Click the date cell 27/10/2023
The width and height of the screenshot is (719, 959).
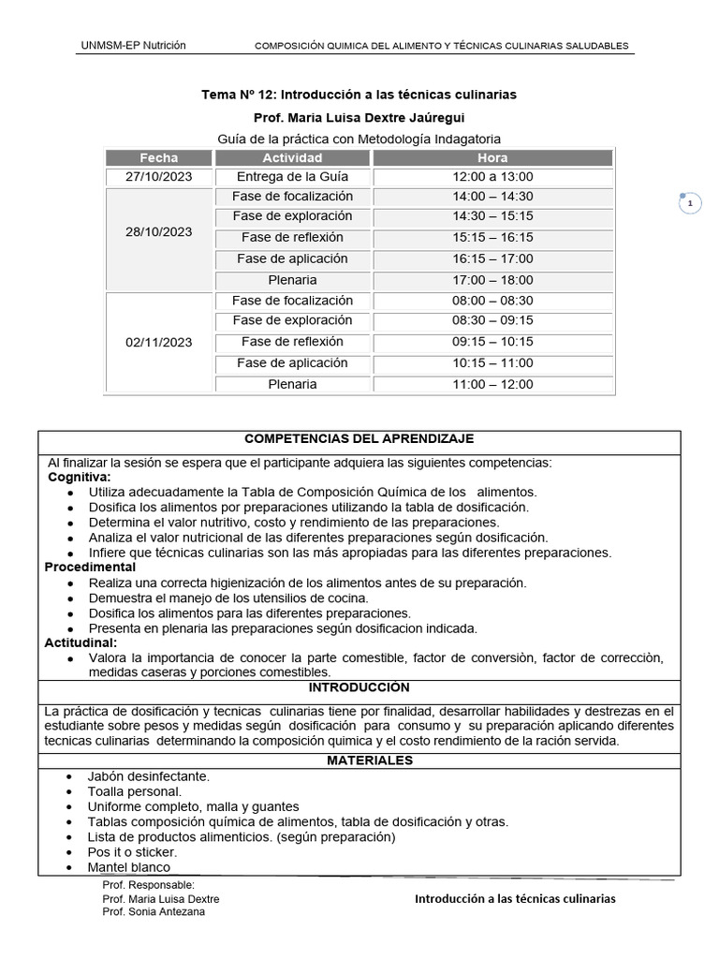[x=158, y=177]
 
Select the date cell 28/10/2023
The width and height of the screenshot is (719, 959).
[x=158, y=231]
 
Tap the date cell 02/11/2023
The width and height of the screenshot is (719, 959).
[x=158, y=343]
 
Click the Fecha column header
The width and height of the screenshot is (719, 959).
[x=158, y=157]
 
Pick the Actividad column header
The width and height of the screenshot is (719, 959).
[x=292, y=157]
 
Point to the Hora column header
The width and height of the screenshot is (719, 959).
[x=492, y=157]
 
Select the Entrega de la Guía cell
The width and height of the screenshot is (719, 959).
[x=292, y=177]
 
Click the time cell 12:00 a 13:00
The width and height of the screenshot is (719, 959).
[x=492, y=177]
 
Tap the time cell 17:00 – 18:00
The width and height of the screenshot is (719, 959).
[x=492, y=280]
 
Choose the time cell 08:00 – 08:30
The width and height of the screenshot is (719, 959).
[x=492, y=301]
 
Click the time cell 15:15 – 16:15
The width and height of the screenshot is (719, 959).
[x=492, y=238]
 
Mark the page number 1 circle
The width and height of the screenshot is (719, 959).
[x=690, y=203]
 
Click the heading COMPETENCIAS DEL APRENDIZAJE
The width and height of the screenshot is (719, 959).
[x=359, y=438]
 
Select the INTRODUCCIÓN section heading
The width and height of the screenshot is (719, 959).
[x=359, y=686]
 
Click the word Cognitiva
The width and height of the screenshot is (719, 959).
[x=80, y=478]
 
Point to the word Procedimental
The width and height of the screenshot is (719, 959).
[x=90, y=567]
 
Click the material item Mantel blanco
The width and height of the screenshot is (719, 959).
[x=129, y=867]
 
